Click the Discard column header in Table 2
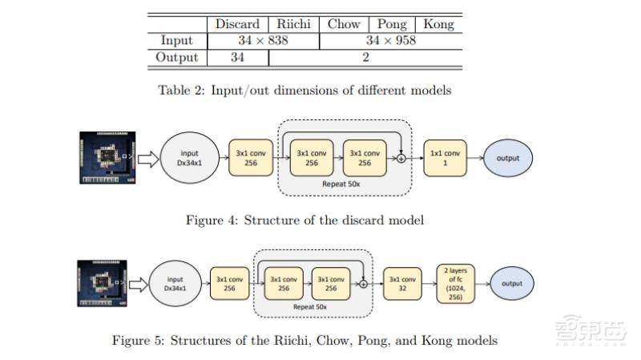click(x=237, y=24)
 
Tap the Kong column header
click(x=437, y=24)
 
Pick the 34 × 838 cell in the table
click(x=263, y=40)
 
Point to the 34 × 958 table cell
click(x=390, y=40)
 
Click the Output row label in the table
click(x=176, y=57)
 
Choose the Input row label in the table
click(x=176, y=40)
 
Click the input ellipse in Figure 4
click(x=190, y=158)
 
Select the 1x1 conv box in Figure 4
click(x=445, y=158)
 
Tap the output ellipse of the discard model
click(x=507, y=158)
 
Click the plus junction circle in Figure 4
click(x=401, y=159)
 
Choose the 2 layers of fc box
click(x=456, y=283)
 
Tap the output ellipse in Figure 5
click(x=512, y=283)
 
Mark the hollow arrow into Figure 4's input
click(x=147, y=158)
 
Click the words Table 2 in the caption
click(x=179, y=90)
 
